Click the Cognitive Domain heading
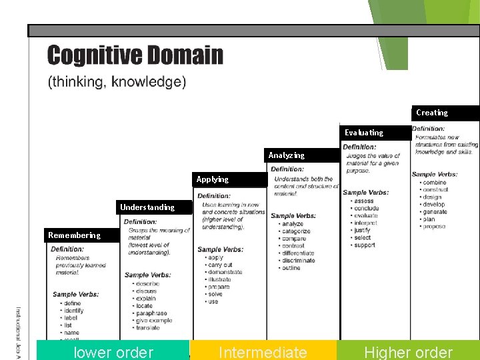coord(135,55)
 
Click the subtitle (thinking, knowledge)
coord(117,83)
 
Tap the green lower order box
coord(113,352)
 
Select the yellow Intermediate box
coord(263,352)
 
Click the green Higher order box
coord(408,352)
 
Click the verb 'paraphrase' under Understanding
coord(151,313)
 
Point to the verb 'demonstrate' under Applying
coord(225,272)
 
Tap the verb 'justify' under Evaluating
coord(362,231)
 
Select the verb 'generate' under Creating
coord(435,212)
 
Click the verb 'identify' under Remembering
coord(73,311)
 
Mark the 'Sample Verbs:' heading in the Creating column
coord(434,175)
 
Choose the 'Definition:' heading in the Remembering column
coord(67,249)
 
